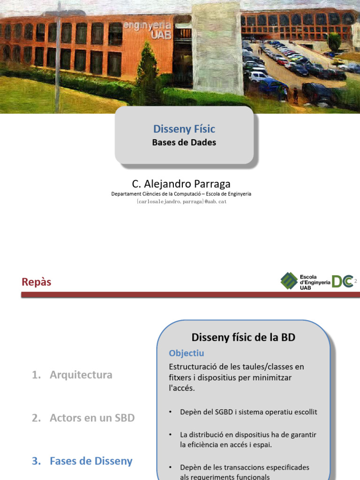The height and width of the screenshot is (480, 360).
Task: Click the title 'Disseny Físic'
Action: (x=184, y=129)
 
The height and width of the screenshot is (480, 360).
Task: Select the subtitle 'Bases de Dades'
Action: (x=184, y=142)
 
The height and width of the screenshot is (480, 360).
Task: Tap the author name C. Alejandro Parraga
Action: (x=181, y=184)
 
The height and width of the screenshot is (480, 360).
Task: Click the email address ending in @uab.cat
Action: (x=181, y=202)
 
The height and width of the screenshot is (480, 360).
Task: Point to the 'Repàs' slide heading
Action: (x=36, y=282)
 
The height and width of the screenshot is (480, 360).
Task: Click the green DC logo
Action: (x=342, y=281)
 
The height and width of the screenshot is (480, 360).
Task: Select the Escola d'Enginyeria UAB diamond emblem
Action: (x=289, y=281)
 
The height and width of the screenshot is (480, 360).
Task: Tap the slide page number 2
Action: (x=355, y=281)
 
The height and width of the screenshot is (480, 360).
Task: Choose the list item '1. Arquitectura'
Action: (x=72, y=375)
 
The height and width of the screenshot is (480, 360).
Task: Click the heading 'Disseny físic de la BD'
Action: (x=243, y=337)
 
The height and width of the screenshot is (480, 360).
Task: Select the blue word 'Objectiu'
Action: (x=186, y=353)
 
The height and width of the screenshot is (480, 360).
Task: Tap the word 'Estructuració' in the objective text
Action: (x=192, y=366)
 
